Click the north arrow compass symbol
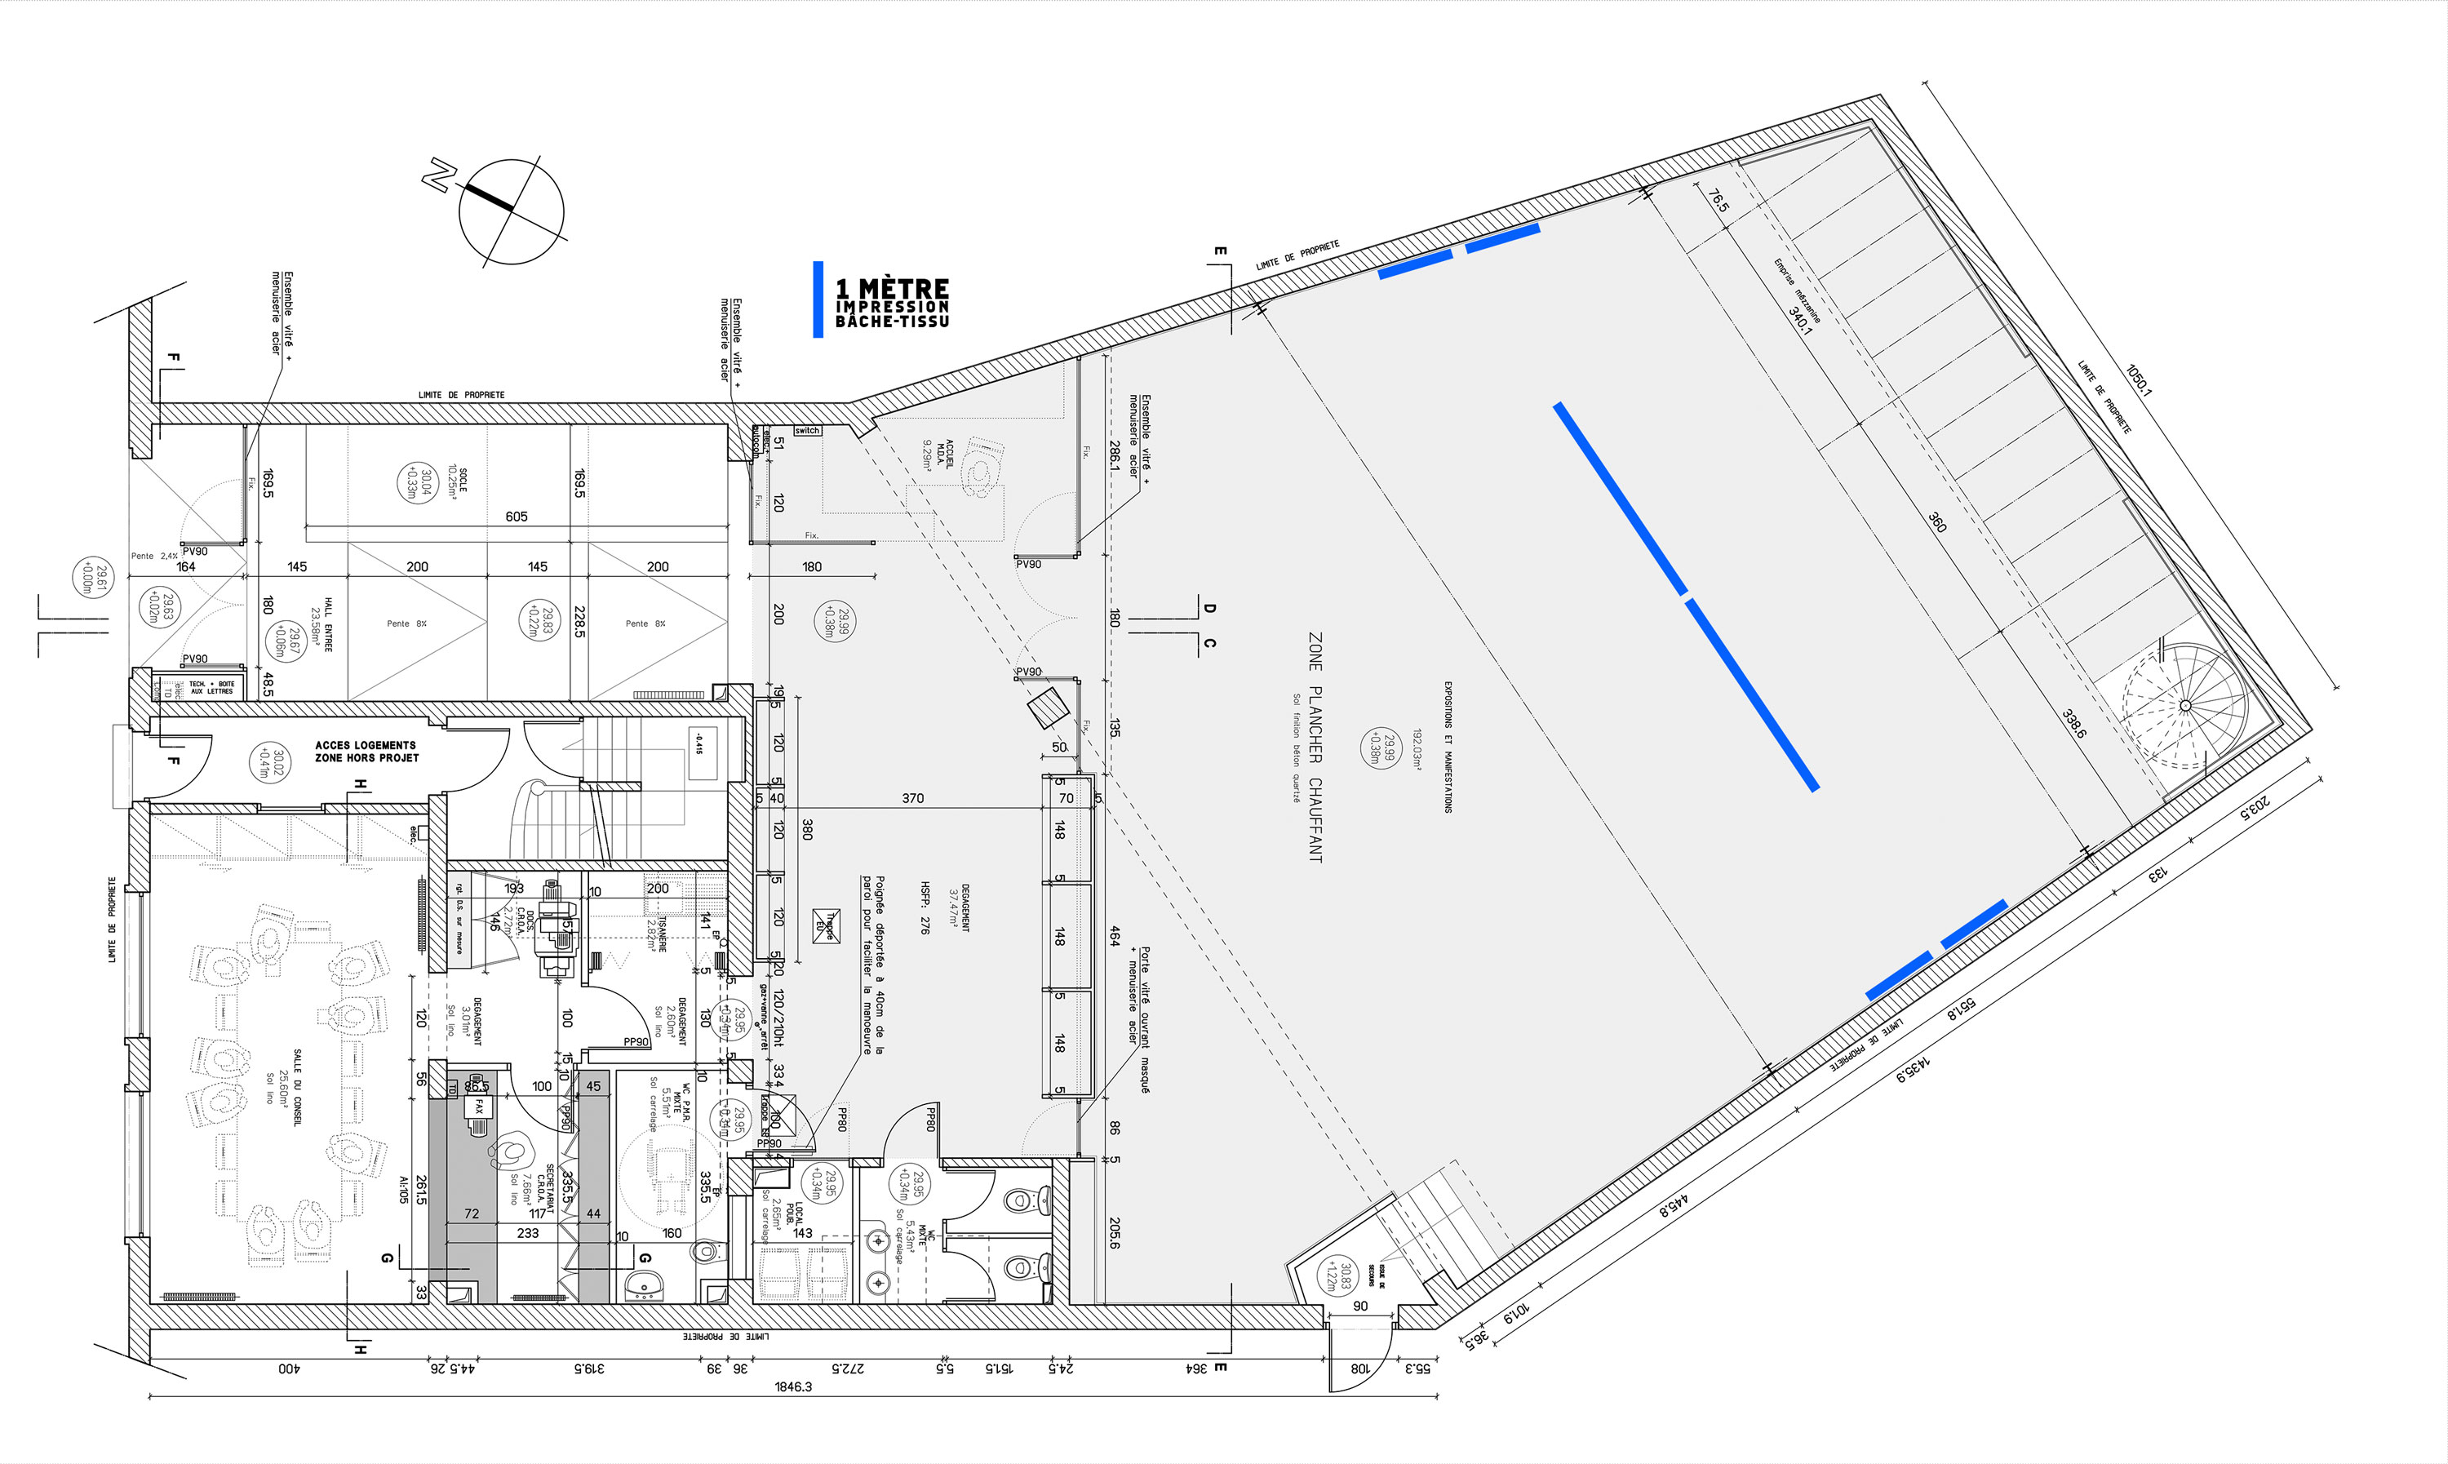pos(511,212)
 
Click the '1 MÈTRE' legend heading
pos(892,289)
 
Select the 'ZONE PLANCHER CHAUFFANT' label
pos(1315,748)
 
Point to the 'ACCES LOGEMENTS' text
pos(365,746)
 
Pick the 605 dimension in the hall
pos(517,517)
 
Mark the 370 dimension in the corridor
pos(913,798)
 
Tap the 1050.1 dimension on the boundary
pos(2138,379)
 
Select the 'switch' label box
pos(807,431)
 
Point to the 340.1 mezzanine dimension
pos(1800,320)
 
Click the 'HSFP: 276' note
pos(925,907)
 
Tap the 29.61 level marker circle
pos(91,577)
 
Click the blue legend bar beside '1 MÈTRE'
pos(818,299)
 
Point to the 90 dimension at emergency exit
pos(1360,1307)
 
